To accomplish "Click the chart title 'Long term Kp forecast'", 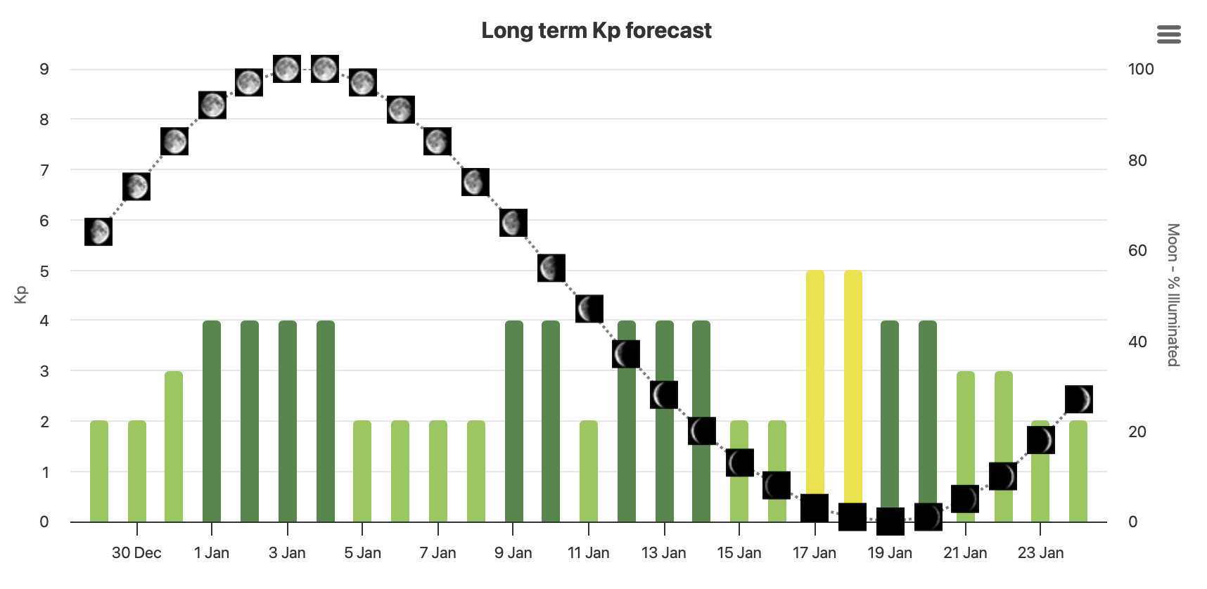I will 596,30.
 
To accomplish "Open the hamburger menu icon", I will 1168,34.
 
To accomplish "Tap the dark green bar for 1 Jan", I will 212,422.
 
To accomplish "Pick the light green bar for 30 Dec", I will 137,471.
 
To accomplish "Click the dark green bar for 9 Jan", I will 514,422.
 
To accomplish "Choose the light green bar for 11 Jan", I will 589,471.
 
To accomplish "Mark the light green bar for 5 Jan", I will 362,471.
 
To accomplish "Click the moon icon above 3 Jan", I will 287,68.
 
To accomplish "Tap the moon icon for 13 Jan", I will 664,395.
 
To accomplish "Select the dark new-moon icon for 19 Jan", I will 890,522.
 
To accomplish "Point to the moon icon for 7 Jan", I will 438,141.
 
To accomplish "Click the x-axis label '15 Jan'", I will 739,553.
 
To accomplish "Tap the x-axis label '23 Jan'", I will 1040,553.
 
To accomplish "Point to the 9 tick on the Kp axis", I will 44,69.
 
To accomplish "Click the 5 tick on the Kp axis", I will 44,271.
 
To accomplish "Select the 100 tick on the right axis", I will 1140,69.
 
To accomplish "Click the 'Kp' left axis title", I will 21,294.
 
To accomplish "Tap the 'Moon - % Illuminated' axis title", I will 1173,294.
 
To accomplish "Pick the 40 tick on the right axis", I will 1137,342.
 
